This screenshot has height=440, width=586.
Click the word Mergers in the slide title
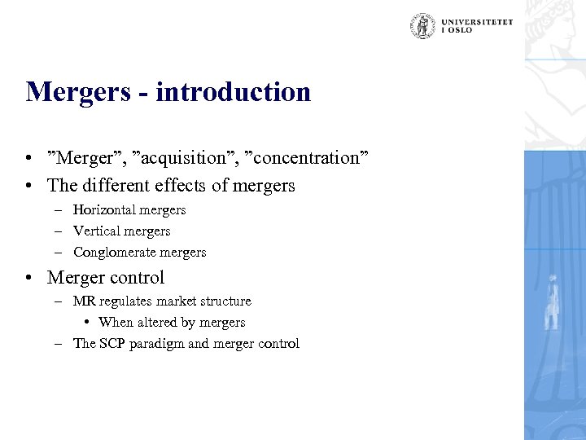(x=77, y=92)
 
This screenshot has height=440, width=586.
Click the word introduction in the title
(x=233, y=92)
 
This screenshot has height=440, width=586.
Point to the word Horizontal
(x=104, y=210)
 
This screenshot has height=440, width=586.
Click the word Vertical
(x=96, y=231)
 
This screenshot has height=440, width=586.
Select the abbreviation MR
(x=84, y=301)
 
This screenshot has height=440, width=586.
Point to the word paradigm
(x=157, y=344)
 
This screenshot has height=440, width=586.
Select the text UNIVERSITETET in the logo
(x=478, y=22)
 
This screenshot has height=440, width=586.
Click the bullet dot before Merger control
(x=29, y=278)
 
